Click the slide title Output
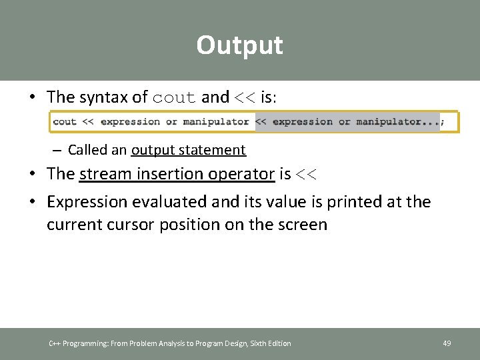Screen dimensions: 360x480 pos(239,45)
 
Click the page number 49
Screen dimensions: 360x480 pos(447,343)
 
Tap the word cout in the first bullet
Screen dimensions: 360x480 pos(175,97)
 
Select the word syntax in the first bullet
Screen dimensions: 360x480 pos(104,97)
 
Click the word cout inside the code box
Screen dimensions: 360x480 pos(65,122)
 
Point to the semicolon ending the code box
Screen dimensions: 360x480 pos(443,122)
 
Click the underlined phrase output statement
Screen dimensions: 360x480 pos(189,150)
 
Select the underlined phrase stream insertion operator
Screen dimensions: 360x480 pos(177,174)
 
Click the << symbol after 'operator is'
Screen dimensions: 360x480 pos(307,175)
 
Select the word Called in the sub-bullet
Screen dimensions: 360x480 pos(88,150)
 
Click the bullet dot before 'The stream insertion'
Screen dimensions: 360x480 pos(32,175)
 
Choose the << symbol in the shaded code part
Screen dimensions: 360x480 pos(261,122)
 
